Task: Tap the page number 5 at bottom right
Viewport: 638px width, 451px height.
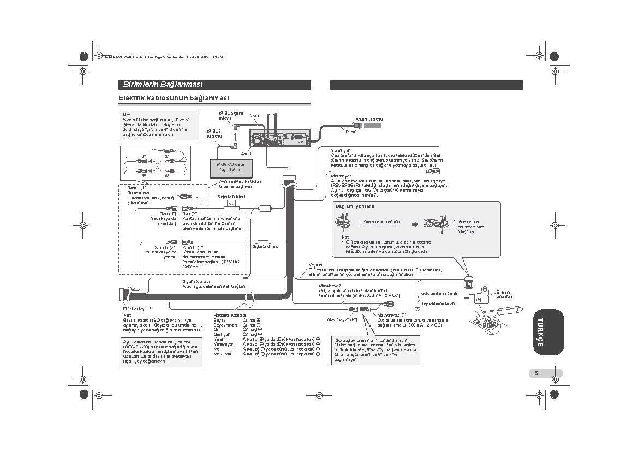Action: [536, 373]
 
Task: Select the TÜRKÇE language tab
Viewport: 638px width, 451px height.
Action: [540, 331]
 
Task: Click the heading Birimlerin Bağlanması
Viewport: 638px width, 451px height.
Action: [163, 85]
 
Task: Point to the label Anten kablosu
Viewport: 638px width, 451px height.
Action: [369, 119]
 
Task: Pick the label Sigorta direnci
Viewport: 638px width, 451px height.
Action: [266, 247]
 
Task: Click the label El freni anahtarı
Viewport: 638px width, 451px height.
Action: [504, 294]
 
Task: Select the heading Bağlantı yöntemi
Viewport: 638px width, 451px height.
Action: [355, 206]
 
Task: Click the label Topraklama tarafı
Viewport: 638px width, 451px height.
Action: [438, 303]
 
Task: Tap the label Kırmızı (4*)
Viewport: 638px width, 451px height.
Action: [193, 247]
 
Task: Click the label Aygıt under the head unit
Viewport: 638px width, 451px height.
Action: [246, 155]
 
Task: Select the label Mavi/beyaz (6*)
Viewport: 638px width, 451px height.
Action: [342, 319]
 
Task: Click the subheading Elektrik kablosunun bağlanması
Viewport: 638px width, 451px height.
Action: [174, 98]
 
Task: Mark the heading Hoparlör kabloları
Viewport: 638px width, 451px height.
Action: [231, 315]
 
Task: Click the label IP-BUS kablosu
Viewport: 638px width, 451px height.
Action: [214, 133]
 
